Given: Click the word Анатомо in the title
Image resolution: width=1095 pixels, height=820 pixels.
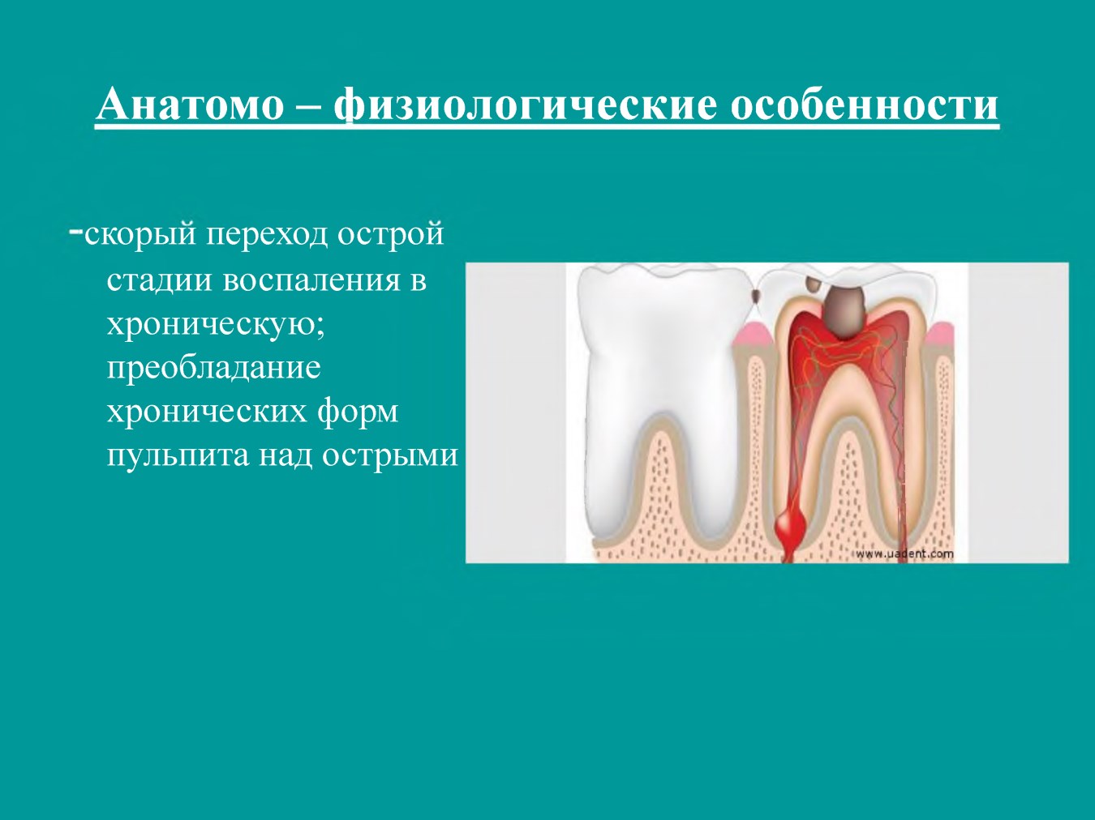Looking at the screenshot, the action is click(190, 105).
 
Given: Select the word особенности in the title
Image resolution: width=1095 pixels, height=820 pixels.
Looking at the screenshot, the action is click(865, 105).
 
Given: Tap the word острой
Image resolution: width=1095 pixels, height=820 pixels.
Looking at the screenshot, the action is click(391, 235).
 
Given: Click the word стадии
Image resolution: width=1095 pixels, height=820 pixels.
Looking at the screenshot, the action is click(159, 280).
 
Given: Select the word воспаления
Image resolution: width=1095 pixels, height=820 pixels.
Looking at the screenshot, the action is click(311, 280).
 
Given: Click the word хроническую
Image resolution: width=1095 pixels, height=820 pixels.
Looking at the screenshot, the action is click(216, 325).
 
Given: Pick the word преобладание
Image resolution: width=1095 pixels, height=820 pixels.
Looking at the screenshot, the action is click(213, 369).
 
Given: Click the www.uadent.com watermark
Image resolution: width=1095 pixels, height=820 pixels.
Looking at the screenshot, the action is click(904, 553).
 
